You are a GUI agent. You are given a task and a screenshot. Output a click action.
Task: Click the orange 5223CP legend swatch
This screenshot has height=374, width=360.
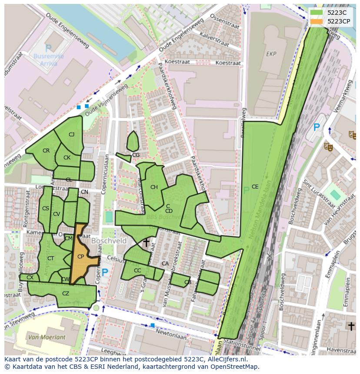[317, 21]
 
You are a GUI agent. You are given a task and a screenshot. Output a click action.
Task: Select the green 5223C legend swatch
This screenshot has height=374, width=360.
[317, 13]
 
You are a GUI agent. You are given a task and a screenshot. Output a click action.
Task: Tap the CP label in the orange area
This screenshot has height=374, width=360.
[80, 257]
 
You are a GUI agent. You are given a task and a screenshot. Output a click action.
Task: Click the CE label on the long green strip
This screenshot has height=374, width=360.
[255, 187]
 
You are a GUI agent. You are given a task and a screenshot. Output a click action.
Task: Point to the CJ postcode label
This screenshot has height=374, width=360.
[71, 135]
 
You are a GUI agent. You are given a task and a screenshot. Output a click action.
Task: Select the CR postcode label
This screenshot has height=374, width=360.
[46, 151]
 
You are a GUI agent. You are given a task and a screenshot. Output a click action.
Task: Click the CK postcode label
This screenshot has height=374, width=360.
[67, 158]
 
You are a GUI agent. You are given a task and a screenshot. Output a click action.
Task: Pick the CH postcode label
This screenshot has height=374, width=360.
[154, 187]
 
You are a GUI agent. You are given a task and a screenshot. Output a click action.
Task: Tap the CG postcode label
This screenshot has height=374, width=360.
[136, 155]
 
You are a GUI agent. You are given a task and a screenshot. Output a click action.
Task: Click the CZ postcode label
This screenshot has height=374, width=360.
[66, 294]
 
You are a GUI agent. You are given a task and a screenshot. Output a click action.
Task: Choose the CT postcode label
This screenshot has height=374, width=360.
[51, 258]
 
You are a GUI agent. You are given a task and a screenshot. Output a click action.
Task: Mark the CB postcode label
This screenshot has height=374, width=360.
[188, 282]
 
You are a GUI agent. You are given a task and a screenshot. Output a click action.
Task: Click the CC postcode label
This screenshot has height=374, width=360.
[137, 271]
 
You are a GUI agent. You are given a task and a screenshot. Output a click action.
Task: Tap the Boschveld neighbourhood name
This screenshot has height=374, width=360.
[109, 241]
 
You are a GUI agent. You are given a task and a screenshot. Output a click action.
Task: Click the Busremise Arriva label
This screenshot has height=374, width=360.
[49, 60]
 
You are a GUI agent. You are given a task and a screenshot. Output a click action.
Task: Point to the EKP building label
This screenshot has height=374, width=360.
[271, 54]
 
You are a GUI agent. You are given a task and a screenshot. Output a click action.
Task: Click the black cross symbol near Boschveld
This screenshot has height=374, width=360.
[147, 242]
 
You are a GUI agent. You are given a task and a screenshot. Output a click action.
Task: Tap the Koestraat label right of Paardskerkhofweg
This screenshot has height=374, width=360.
[228, 63]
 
